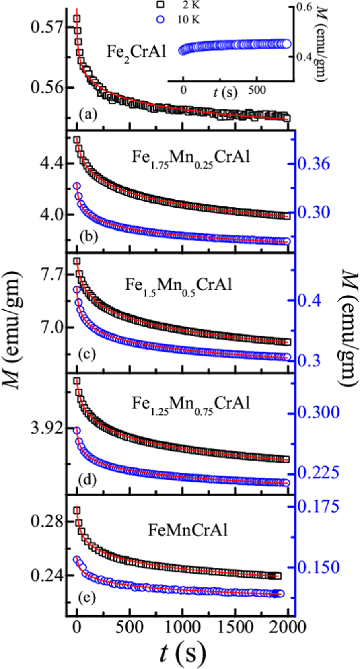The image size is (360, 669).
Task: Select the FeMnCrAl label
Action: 188,530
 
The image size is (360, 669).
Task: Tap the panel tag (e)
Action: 87,598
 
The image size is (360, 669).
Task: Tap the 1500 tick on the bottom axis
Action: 235,627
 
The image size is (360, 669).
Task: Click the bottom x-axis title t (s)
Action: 183,654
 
